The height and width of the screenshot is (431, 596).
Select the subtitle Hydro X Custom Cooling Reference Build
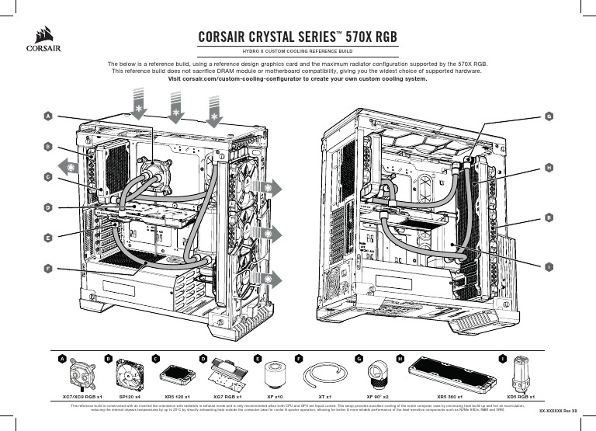298,50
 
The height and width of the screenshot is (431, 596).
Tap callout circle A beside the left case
47,116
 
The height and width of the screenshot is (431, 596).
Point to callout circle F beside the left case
47,267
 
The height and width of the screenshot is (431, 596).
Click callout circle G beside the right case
548,116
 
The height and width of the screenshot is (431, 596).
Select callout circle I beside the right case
548,267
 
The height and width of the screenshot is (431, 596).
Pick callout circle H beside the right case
548,167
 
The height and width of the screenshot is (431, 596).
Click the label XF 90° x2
377,396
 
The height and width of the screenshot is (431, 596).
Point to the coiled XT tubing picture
321,374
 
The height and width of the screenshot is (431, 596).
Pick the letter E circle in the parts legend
257,359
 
